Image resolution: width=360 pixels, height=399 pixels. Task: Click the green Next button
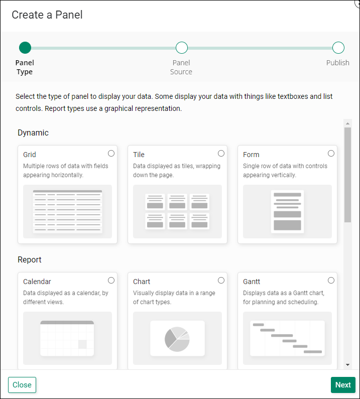pyautogui.click(x=343, y=385)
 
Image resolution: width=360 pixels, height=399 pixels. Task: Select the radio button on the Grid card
pyautogui.click(x=111, y=154)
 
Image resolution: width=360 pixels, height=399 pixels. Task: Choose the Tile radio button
pyautogui.click(x=221, y=154)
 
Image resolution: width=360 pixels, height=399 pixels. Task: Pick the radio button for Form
pyautogui.click(x=331, y=154)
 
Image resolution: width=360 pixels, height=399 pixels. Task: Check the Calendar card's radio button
pyautogui.click(x=111, y=281)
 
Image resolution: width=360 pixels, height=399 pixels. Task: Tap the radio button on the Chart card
pyautogui.click(x=221, y=281)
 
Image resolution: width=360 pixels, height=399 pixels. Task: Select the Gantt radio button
pyautogui.click(x=331, y=281)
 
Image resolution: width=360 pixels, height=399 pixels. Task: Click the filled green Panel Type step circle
pyautogui.click(x=25, y=48)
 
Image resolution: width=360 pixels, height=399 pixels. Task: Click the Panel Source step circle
pyautogui.click(x=182, y=48)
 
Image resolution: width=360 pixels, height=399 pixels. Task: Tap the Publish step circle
pyautogui.click(x=338, y=48)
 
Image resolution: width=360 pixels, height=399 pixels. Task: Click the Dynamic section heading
pyautogui.click(x=33, y=133)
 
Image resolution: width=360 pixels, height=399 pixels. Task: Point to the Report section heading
pyautogui.click(x=30, y=260)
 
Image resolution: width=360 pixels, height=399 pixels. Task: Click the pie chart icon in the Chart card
pyautogui.click(x=177, y=339)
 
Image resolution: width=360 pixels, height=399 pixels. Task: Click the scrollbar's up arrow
pyautogui.click(x=347, y=123)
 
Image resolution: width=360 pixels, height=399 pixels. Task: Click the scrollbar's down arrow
pyautogui.click(x=347, y=365)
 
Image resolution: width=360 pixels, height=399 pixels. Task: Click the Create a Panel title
pyautogui.click(x=47, y=15)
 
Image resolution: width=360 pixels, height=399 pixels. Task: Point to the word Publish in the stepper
pyautogui.click(x=338, y=63)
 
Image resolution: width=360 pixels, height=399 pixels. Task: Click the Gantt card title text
pyautogui.click(x=252, y=282)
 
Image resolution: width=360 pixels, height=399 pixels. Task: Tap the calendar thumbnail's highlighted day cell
pyautogui.click(x=82, y=344)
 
